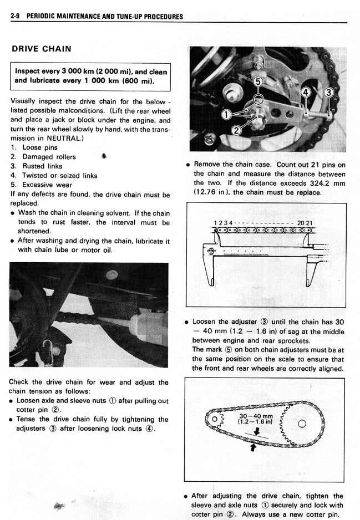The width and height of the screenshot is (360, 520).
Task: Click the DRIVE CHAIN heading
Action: click(42, 49)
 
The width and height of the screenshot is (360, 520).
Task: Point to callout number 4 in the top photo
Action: click(306, 92)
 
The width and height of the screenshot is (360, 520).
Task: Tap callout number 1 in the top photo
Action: click(226, 115)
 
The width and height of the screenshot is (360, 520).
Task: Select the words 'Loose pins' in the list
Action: click(40, 147)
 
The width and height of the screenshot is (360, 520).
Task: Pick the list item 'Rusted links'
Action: click(42, 166)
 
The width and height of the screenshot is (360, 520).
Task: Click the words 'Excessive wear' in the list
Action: click(47, 185)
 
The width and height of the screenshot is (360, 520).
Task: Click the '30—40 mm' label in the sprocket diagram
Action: click(256, 416)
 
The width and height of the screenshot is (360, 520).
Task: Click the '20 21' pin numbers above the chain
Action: click(305, 223)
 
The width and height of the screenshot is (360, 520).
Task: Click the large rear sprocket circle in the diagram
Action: click(302, 424)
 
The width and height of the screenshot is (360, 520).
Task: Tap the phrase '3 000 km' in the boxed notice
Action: click(67, 72)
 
